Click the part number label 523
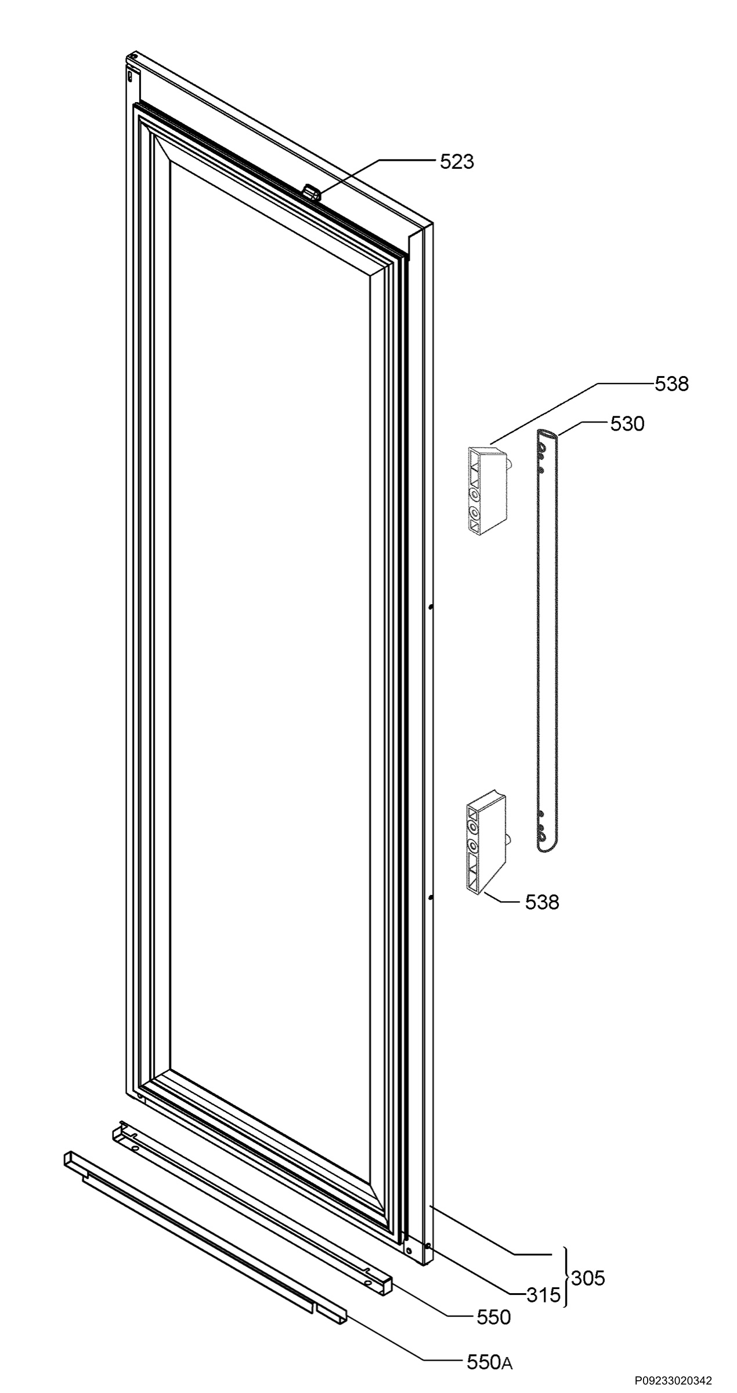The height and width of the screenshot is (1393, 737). tap(457, 162)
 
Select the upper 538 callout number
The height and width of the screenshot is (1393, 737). tap(671, 384)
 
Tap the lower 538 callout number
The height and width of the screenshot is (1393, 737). tap(542, 902)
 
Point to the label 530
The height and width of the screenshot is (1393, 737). tap(627, 424)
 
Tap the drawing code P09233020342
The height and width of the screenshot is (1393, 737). tap(673, 1380)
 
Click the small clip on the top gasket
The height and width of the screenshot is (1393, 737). tap(312, 193)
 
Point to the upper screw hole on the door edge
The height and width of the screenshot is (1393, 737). tap(431, 607)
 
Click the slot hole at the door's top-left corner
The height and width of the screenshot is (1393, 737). tap(131, 75)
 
